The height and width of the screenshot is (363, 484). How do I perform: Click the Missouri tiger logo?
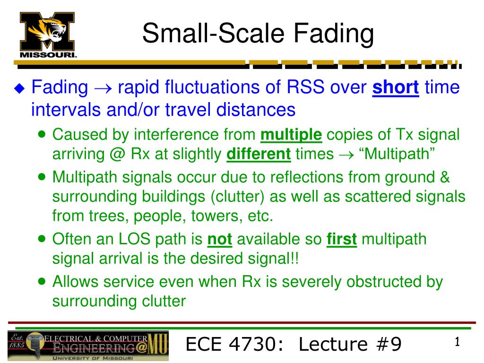[48, 34]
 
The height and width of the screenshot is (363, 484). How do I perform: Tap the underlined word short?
[396, 87]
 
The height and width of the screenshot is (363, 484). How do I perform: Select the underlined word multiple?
[291, 135]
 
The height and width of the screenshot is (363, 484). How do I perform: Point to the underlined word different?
[259, 154]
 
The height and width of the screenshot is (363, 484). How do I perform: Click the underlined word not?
[220, 240]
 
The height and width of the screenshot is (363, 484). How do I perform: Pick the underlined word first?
[342, 240]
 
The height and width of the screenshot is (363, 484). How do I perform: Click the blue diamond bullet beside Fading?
[19, 88]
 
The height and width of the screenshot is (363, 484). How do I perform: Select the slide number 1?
[457, 342]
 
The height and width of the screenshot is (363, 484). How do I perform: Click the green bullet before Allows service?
[42, 281]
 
